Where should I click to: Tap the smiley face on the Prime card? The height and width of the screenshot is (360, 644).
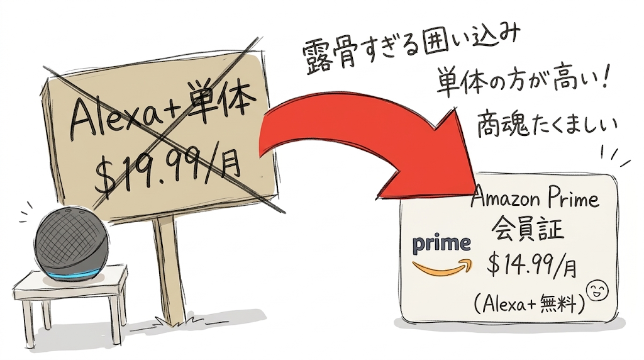[x=597, y=291]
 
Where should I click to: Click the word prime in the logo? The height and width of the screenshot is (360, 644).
[x=441, y=244]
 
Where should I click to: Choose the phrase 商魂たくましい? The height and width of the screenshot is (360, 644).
[x=547, y=123]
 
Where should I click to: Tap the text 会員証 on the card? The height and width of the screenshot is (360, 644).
[x=528, y=228]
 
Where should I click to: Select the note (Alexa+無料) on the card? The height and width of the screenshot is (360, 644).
[x=530, y=305]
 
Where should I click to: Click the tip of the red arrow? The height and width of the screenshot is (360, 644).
[x=477, y=193]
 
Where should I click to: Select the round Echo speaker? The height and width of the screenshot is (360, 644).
[x=72, y=244]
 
